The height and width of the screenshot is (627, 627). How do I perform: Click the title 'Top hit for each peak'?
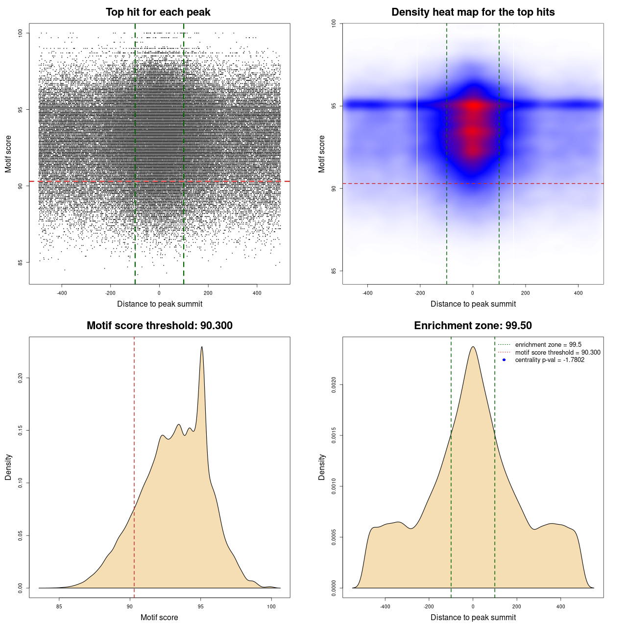[x=158, y=12]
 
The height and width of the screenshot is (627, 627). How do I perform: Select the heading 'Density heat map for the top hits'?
[x=473, y=12]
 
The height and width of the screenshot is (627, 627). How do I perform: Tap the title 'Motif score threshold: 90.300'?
[x=159, y=326]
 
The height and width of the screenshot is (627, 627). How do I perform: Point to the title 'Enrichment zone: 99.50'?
[x=473, y=326]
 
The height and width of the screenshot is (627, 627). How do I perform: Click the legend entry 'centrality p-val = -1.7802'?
[x=550, y=360]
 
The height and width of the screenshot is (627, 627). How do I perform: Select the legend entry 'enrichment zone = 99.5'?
[x=548, y=345]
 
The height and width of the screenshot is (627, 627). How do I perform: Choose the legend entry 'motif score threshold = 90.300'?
[x=557, y=353]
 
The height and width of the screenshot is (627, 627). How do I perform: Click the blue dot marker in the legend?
[x=504, y=360]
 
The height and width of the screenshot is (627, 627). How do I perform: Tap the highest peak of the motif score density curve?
[x=201, y=347]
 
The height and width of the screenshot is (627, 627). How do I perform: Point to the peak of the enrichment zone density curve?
[x=473, y=347]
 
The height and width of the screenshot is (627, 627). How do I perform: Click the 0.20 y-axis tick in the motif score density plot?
[x=21, y=378]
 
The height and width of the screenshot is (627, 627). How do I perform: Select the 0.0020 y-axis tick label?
[x=334, y=385]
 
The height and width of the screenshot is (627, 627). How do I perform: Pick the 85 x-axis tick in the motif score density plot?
[x=59, y=606]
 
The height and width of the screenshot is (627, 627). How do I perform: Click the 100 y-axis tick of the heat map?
[x=334, y=23]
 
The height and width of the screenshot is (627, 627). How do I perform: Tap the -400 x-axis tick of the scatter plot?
[x=62, y=293]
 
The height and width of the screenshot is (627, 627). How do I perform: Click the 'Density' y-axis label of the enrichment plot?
[x=322, y=467]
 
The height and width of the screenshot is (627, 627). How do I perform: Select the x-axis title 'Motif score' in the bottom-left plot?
[x=159, y=617]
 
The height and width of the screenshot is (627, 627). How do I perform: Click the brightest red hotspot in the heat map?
[x=473, y=105]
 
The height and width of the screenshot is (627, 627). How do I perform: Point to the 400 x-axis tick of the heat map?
[x=578, y=293]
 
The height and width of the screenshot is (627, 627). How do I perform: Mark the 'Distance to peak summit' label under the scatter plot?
[x=160, y=304]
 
